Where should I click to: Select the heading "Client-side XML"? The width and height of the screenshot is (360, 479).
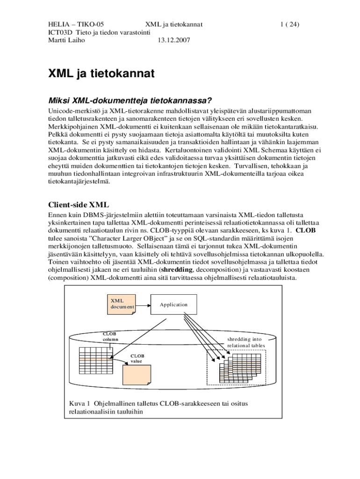point(79,204)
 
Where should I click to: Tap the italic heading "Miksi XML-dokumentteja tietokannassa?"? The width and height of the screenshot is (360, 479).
point(128,101)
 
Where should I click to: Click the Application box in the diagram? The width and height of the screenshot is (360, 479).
point(173,305)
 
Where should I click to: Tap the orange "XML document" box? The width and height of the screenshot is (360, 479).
point(122,304)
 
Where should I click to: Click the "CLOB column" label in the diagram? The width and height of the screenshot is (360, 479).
point(110,336)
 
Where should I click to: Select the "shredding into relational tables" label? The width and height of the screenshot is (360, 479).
point(246,342)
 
